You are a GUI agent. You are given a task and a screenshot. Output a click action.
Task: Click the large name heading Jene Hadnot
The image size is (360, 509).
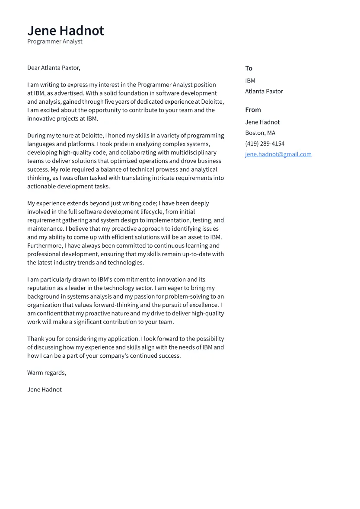66,31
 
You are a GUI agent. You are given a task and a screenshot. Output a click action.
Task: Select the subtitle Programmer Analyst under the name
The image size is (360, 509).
55,41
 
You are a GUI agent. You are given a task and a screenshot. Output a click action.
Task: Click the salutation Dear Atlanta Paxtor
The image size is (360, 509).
54,68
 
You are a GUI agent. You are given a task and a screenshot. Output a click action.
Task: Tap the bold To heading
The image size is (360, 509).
248,68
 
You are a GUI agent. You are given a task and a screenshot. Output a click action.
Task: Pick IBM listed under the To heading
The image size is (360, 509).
250,81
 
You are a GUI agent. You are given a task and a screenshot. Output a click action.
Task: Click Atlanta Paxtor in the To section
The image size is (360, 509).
264,92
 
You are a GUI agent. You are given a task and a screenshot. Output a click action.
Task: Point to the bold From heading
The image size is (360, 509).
253,110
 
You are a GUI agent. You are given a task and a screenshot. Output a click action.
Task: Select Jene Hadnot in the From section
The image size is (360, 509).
262,122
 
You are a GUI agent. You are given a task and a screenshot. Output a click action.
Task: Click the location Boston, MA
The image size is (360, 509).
260,133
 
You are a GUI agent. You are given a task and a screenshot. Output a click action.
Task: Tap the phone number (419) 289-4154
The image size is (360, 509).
264,144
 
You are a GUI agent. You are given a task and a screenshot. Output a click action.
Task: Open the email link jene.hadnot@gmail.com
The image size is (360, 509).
278,154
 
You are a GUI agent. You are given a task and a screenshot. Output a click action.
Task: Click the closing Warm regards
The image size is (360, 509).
47,373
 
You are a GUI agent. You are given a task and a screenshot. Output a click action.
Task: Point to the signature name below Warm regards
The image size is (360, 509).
45,390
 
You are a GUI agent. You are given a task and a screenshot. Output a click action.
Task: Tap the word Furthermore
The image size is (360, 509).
45,246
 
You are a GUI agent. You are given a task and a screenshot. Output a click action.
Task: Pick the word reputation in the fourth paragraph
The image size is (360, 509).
43,288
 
